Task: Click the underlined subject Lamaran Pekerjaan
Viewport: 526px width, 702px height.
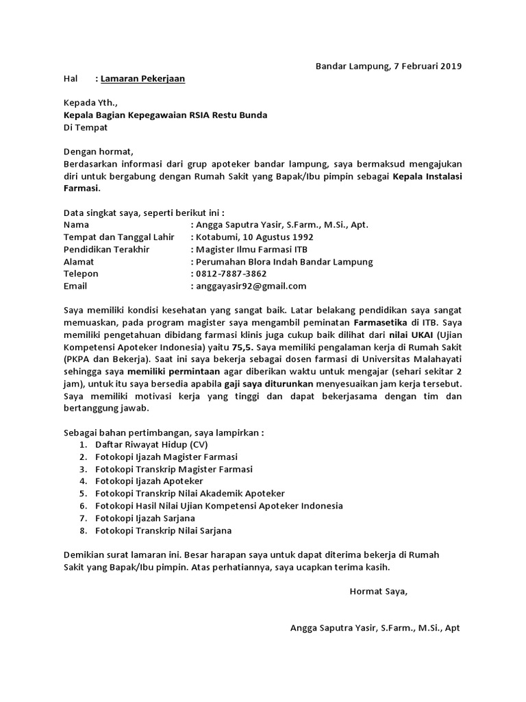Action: [142, 79]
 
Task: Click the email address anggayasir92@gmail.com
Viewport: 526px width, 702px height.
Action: [251, 286]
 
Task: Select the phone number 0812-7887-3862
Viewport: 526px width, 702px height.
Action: [231, 274]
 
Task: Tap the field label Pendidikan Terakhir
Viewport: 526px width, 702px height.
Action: [106, 249]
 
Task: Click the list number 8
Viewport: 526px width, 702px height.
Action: [82, 530]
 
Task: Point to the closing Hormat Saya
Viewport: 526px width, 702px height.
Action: [378, 591]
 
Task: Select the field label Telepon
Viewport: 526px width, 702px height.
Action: [81, 274]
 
